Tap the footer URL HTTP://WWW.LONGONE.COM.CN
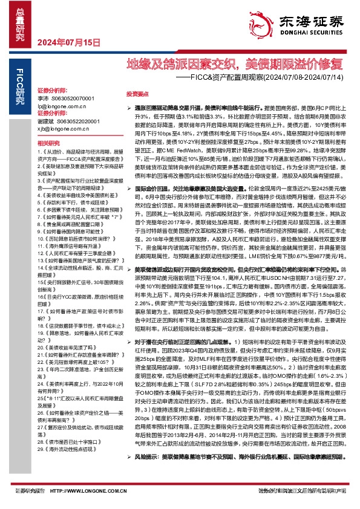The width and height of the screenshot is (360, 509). (x=90, y=490)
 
